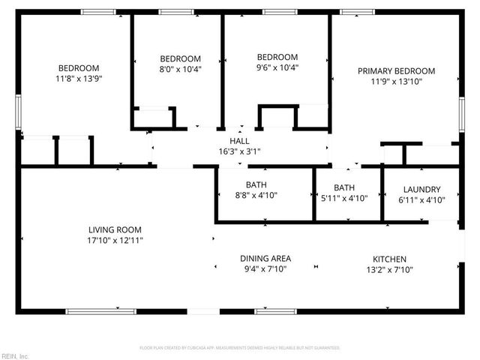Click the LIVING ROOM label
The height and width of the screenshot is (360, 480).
pos(115,229)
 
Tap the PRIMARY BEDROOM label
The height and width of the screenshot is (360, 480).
pos(396,70)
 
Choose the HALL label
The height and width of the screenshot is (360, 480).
pos(239,140)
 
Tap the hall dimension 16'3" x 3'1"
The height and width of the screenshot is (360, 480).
pos(239,151)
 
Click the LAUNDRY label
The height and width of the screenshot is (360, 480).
pos(421,190)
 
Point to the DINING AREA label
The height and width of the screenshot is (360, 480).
pos(265,257)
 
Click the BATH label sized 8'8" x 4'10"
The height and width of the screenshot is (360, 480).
pos(256,184)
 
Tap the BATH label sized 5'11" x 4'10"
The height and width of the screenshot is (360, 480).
pos(344,187)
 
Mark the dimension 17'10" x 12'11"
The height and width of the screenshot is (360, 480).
pos(115,241)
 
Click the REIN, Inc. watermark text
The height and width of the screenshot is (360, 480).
pos(14,355)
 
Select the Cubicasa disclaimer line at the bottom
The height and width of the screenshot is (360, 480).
pos(239,348)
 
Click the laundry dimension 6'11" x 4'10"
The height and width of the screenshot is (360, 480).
pos(421,200)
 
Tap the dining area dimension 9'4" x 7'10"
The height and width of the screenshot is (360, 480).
pos(265,268)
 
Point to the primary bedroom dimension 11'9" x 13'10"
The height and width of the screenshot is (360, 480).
pos(396,82)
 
